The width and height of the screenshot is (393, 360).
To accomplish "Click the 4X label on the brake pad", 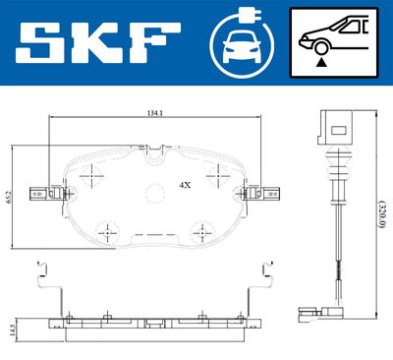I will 185,184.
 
